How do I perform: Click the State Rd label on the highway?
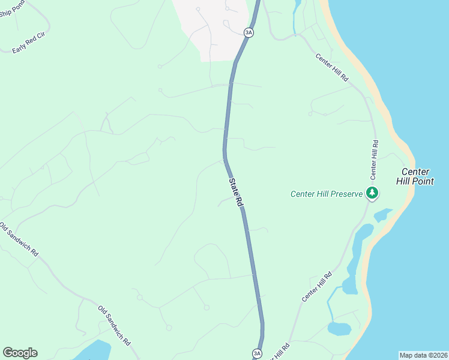[235, 191]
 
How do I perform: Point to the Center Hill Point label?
[415, 176]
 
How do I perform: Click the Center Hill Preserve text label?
[327, 194]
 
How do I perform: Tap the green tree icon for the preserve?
[373, 193]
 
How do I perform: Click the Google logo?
[20, 353]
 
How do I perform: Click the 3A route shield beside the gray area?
[248, 32]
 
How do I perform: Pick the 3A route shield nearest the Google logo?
[257, 353]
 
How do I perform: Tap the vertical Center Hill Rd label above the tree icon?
[374, 160]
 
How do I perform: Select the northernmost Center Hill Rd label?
[332, 67]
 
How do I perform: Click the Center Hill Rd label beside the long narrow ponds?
[317, 287]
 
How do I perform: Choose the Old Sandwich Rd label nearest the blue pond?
[114, 325]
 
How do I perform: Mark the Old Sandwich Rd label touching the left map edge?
[19, 241]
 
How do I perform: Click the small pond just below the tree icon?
[382, 215]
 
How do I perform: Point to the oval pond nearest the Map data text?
[339, 329]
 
